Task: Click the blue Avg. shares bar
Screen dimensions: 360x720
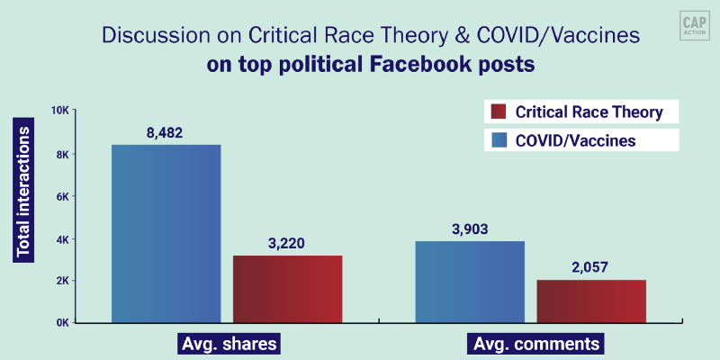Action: point(166,233)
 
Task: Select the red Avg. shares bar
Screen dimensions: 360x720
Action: point(287,289)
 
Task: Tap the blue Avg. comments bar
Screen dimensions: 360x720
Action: point(470,282)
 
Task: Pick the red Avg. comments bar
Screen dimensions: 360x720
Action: point(591,301)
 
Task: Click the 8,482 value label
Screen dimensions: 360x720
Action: point(166,132)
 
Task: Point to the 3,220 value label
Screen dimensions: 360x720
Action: point(287,244)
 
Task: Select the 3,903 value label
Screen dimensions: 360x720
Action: point(470,229)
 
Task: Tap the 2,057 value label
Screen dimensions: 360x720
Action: point(591,268)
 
